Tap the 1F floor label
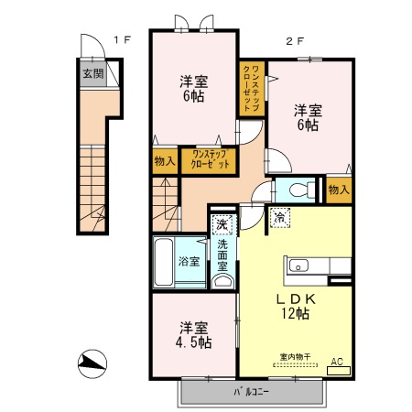point(123,39)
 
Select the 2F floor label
point(294,40)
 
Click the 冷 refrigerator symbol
point(279,218)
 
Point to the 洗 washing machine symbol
point(222,222)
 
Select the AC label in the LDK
point(335,362)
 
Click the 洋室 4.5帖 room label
point(193,335)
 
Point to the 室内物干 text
point(295,357)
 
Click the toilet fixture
point(295,191)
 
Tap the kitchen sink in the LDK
point(300,266)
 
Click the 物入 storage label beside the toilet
point(338,190)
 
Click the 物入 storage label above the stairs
point(165,161)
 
